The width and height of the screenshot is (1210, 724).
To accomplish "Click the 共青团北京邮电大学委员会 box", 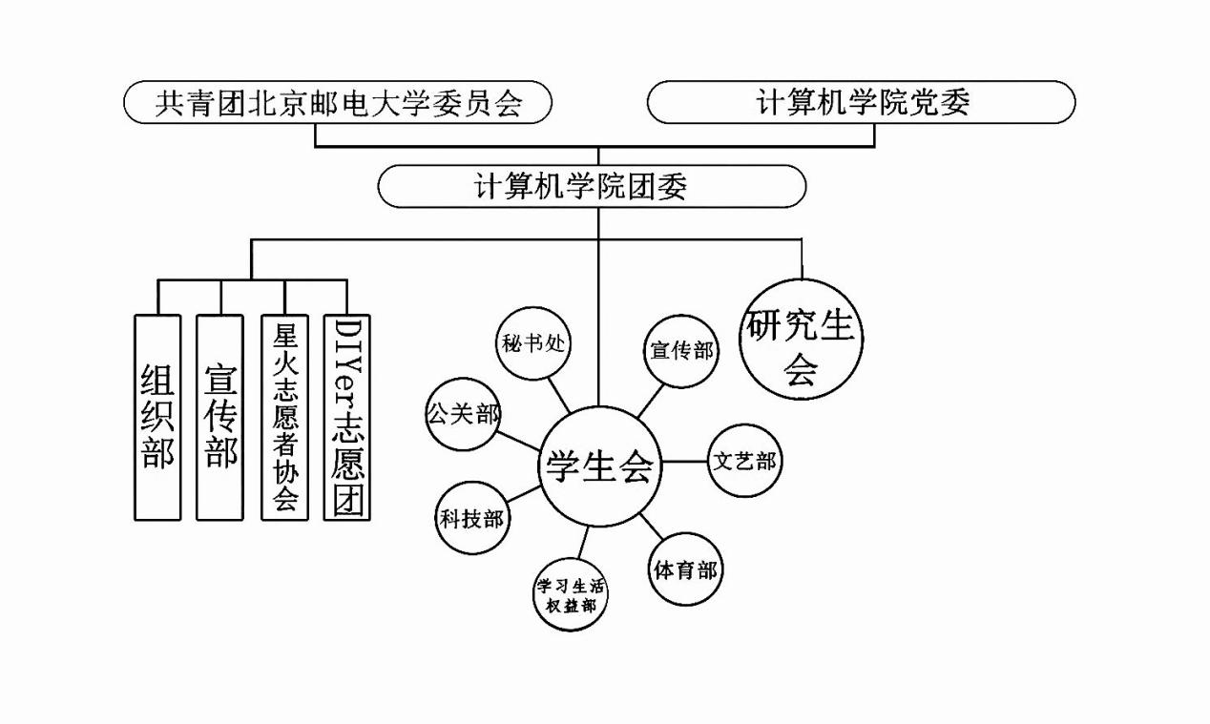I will point(338,102).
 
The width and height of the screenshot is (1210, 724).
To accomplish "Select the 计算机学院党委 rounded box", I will point(861,102).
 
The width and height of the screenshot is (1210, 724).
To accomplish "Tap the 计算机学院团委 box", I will point(592,186).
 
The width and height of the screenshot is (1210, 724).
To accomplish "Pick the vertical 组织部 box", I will point(157,417).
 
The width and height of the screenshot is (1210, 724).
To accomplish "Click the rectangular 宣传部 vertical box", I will point(219,417).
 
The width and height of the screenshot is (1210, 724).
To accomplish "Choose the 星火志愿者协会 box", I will point(285,417).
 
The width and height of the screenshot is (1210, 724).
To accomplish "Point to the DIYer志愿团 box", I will point(347,417).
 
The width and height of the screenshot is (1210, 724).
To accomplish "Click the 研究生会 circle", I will point(802,339).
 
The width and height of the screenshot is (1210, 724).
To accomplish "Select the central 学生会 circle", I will point(598,466).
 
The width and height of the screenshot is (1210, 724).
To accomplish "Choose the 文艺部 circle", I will point(744,462).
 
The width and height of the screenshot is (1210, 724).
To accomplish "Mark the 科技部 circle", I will point(470,518).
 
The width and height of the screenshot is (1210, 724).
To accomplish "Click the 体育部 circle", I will point(685,569).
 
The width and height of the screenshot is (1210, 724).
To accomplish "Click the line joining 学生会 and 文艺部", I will point(684,463).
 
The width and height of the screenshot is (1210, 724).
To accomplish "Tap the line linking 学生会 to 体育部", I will point(652,527).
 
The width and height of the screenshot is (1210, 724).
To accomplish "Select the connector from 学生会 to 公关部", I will point(521,440).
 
